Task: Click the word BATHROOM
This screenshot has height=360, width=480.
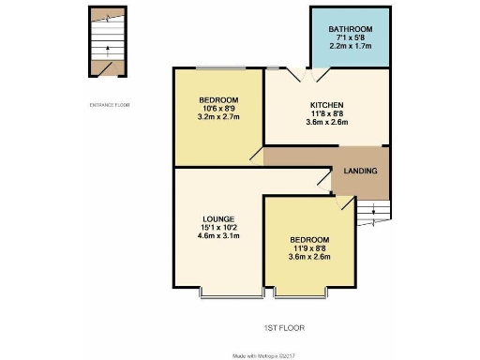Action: click(352, 30)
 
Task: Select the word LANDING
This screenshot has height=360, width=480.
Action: click(361, 172)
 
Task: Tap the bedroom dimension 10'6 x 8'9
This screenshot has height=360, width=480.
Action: click(217, 110)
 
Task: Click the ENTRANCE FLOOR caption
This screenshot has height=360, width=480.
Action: click(111, 104)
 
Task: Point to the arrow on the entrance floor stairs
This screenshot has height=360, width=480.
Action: click(110, 47)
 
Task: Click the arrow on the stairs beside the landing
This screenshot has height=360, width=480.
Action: click(374, 212)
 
